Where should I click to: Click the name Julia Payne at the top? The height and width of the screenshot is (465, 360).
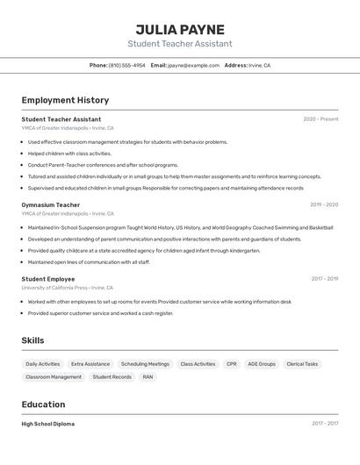click(x=180, y=29)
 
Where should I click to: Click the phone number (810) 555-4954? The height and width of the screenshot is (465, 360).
click(x=126, y=65)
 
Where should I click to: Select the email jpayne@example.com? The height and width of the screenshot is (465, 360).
click(x=193, y=65)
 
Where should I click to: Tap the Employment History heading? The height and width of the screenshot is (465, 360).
click(x=65, y=100)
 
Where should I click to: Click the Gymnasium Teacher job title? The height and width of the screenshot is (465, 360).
click(x=50, y=204)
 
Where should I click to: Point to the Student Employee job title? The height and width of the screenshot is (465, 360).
click(x=48, y=279)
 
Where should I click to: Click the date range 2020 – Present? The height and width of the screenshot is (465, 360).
click(x=320, y=119)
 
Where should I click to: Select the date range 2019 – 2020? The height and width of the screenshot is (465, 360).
click(x=324, y=204)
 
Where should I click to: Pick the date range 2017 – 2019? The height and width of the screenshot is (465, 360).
click(x=324, y=279)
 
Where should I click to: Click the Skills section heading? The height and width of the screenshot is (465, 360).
click(x=32, y=340)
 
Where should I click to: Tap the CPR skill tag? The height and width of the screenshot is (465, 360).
click(x=231, y=363)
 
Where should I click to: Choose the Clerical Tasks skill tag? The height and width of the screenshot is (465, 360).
click(x=302, y=363)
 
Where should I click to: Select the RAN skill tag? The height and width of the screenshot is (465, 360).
click(x=148, y=376)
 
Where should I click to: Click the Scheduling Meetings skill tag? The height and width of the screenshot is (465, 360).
click(x=145, y=363)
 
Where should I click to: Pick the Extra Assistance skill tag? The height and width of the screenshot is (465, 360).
click(x=90, y=363)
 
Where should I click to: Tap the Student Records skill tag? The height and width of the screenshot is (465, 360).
click(x=112, y=376)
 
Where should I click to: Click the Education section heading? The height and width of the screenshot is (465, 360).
click(x=43, y=404)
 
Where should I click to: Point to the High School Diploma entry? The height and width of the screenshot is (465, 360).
click(x=48, y=424)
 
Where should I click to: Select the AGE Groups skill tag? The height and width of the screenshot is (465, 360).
click(x=262, y=363)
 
